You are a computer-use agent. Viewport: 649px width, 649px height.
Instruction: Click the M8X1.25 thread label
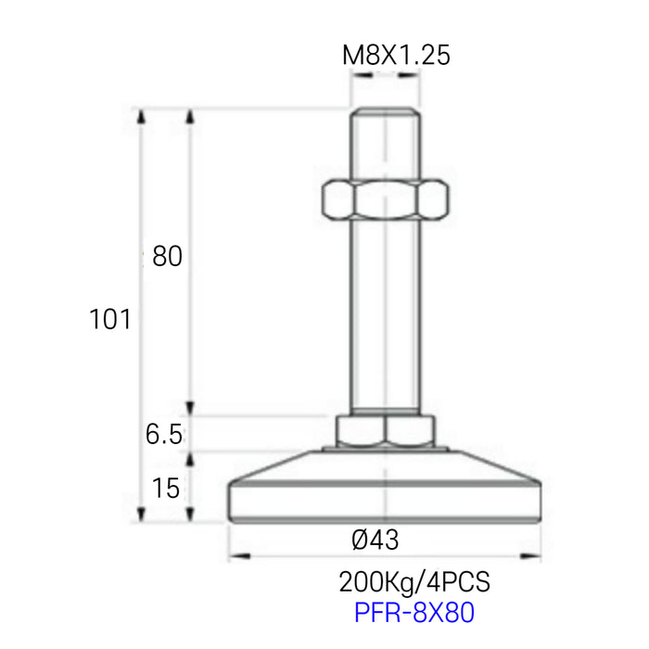[x=396, y=56]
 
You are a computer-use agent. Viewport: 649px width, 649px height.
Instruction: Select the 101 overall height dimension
[x=109, y=320]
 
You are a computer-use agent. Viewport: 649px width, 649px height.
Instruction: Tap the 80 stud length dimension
[x=167, y=257]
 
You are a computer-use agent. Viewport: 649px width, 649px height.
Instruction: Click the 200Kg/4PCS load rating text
[x=414, y=582]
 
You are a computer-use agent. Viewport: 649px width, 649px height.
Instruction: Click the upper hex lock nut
[x=385, y=198]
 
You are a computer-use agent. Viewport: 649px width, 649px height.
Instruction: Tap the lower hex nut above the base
[x=385, y=430]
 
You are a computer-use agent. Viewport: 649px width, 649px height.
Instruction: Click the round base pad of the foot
[x=385, y=496]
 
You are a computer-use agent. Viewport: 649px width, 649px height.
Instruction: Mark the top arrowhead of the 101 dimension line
[x=142, y=116]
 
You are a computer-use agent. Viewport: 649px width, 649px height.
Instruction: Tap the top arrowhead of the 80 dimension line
[x=190, y=116]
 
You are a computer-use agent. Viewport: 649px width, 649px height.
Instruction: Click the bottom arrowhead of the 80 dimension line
[x=190, y=409]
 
